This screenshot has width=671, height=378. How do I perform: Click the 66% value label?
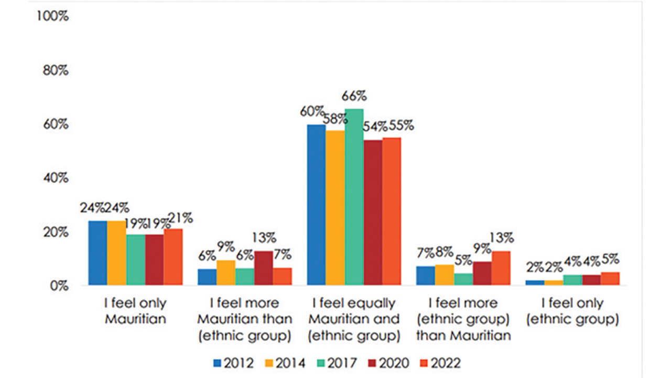[354, 97]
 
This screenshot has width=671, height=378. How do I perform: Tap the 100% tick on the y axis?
[52, 16]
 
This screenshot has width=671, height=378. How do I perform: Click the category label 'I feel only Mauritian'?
[135, 311]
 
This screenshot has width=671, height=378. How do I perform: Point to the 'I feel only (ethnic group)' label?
[573, 311]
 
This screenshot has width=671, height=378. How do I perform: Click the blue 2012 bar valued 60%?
[316, 205]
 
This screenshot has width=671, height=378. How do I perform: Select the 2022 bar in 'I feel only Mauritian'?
[173, 257]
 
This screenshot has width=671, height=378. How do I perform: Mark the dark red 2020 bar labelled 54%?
[373, 213]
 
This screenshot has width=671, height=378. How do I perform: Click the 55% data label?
[401, 126]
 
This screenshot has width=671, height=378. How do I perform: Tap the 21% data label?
[179, 217]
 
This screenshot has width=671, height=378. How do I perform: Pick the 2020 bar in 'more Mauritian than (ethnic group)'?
[264, 268]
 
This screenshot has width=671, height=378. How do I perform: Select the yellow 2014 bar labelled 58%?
[335, 207]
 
